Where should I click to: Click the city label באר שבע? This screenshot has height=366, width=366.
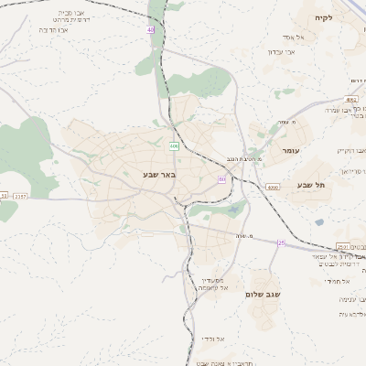[x=158, y=173]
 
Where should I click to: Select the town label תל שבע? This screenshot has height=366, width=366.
[x=311, y=185]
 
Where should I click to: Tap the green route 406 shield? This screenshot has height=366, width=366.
[x=174, y=145]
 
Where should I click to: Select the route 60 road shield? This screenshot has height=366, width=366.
[x=221, y=179]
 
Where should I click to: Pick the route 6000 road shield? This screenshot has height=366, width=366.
[x=273, y=187]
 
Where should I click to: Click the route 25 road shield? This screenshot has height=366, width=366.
[x=282, y=242]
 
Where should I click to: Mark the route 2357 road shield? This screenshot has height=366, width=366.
[x=20, y=195]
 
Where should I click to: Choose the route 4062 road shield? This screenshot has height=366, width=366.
[x=352, y=98]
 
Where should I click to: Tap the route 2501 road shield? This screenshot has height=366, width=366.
[x=342, y=246]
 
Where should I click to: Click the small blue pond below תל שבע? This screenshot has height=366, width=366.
[x=318, y=222]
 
